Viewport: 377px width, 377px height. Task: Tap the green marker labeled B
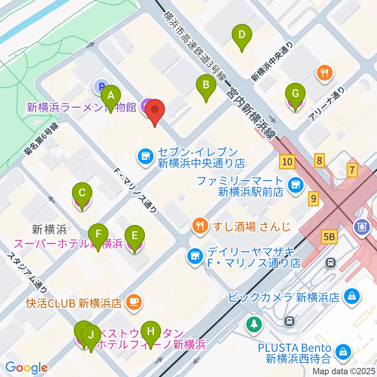[x=206, y=84]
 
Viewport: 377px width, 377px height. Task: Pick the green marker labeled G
[x=295, y=94]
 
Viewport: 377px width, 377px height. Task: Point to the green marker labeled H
[x=150, y=331]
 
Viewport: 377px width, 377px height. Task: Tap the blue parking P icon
[x=101, y=86]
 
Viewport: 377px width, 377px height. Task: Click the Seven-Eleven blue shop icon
[x=145, y=157]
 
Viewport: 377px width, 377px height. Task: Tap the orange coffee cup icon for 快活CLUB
[x=134, y=302]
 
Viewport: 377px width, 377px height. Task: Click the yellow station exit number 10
[x=287, y=161]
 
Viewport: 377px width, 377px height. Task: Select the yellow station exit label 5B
[x=329, y=236]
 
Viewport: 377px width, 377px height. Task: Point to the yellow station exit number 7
[x=352, y=170]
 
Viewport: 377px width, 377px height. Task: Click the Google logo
[x=26, y=368]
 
